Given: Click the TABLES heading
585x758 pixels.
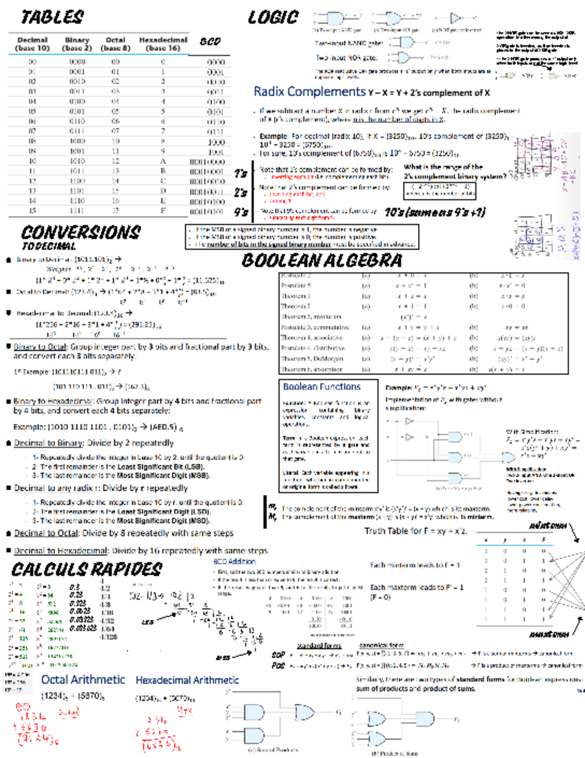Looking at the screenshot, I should [52, 18].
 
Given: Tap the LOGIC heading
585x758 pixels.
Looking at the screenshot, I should [273, 18].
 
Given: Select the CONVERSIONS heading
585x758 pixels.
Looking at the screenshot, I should [81, 231].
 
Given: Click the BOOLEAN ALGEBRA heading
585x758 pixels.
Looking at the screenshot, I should [322, 260].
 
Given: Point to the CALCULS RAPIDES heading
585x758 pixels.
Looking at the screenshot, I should [87, 569].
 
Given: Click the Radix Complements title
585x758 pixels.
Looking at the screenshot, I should [309, 91].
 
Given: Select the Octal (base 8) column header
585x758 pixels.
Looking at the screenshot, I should [116, 44].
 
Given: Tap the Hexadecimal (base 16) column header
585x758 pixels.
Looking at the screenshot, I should [163, 44].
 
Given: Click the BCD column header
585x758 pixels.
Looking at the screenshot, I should [210, 41].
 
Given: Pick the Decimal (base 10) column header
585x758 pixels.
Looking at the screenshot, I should [32, 44].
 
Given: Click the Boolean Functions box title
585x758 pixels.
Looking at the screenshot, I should [322, 387].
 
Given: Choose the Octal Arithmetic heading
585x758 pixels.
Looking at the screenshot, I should [83, 679].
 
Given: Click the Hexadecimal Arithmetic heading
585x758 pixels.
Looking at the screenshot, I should [187, 680].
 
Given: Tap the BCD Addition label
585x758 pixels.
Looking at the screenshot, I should [234, 561].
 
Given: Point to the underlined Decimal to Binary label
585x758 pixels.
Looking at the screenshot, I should [48, 443].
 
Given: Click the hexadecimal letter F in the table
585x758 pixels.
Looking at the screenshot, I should [163, 210].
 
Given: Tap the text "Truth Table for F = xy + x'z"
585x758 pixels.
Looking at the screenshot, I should [415, 531].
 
